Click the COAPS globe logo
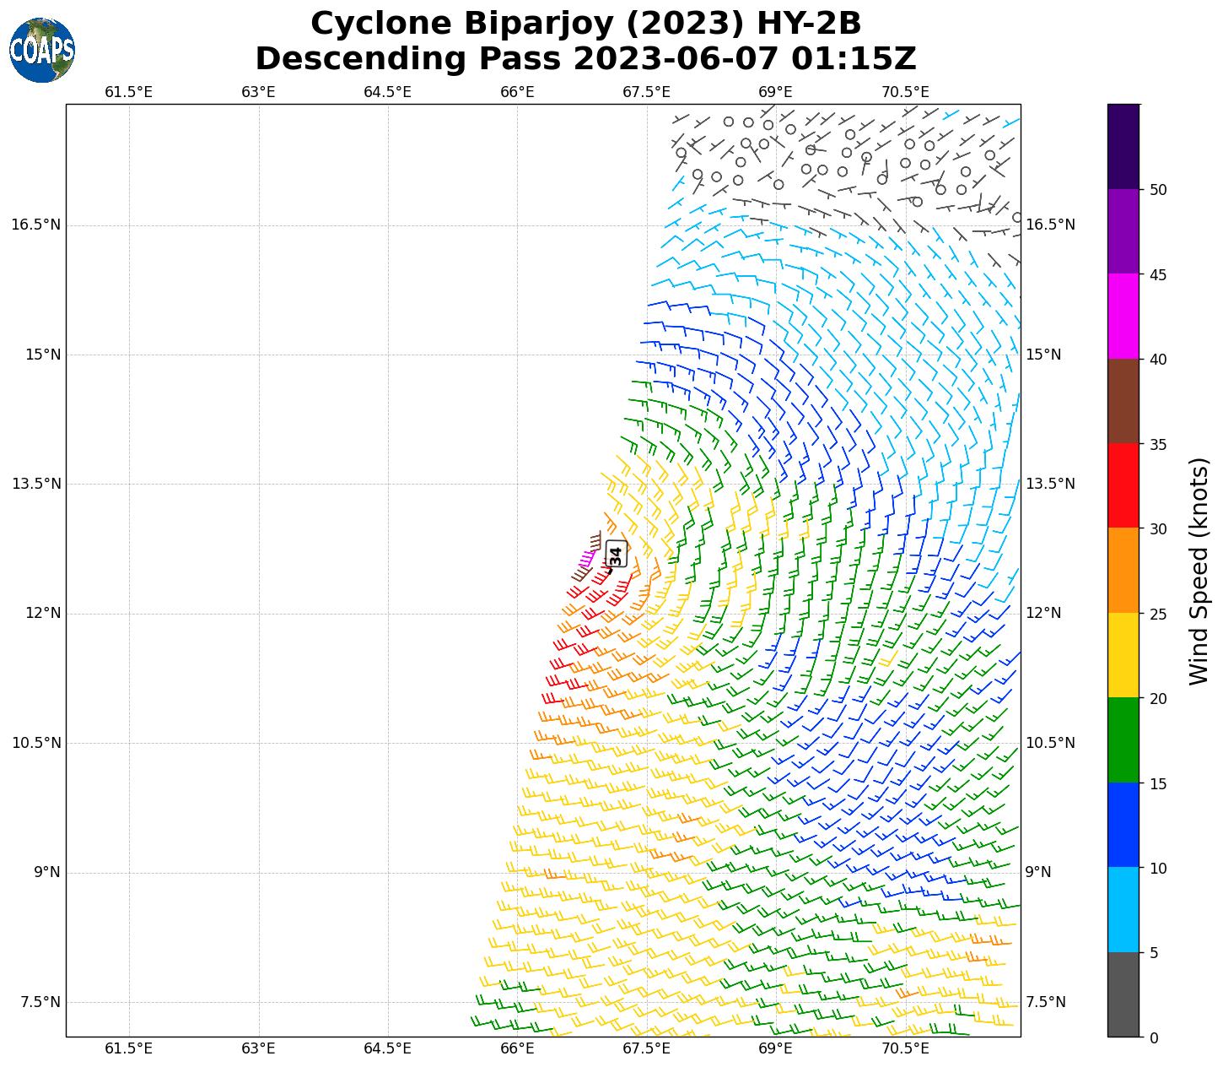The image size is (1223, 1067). pos(42,51)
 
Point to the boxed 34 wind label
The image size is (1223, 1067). pos(616,555)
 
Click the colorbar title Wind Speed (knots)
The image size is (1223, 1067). pos(1199,571)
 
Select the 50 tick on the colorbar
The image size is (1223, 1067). pos(1159,190)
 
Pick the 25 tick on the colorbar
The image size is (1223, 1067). pos(1159,614)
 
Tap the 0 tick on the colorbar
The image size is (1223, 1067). pos(1154,1037)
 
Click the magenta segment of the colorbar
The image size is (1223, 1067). pos(1123,317)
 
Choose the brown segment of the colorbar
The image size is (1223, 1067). pos(1123,401)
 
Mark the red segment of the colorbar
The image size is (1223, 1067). pos(1123,485)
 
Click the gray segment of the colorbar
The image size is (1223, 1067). pos(1123,994)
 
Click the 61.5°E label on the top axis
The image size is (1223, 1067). pos(129,92)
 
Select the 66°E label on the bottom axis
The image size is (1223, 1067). pos(517,1049)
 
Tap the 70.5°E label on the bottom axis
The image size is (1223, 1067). pos(905,1049)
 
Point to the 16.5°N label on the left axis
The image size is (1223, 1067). pos(36,225)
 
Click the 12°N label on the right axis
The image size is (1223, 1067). pos(1043,613)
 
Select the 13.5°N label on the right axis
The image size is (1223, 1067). pos(1050,484)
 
